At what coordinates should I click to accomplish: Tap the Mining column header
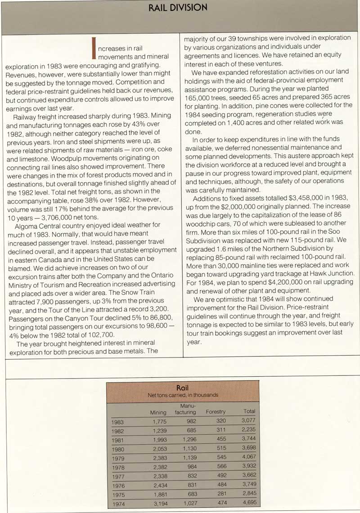158,412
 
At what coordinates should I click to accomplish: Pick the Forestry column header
216,412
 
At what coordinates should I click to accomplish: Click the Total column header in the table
249,411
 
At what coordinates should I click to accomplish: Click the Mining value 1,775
160,422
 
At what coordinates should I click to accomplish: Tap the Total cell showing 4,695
248,503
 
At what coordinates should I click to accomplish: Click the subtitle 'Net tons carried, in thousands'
183,395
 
